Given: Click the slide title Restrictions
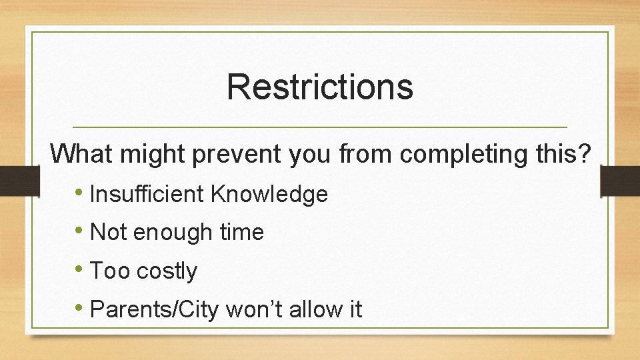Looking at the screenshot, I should pos(320,87).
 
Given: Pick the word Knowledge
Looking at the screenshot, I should pos(269,194).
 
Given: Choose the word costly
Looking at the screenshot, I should pos(167,271).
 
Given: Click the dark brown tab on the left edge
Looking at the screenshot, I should pos(12,181).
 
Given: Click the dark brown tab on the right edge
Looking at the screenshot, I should pos(620,181).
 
